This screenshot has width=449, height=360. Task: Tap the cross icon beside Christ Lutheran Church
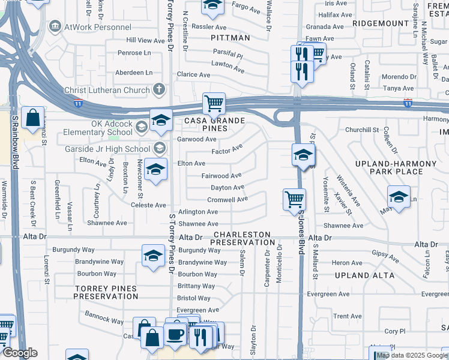click(x=160, y=91)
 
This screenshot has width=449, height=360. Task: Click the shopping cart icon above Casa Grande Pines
click(x=214, y=103)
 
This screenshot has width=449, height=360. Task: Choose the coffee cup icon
click(x=175, y=334)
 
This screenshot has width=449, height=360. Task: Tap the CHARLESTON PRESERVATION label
click(x=243, y=238)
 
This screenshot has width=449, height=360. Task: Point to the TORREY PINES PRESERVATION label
click(x=106, y=292)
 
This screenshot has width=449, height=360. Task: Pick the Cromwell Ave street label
click(x=228, y=200)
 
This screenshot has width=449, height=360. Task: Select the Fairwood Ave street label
click(x=221, y=176)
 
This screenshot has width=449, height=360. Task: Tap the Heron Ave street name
click(x=347, y=263)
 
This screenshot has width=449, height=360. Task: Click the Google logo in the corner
click(x=20, y=353)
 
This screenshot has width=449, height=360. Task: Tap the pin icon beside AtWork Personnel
click(x=55, y=26)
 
